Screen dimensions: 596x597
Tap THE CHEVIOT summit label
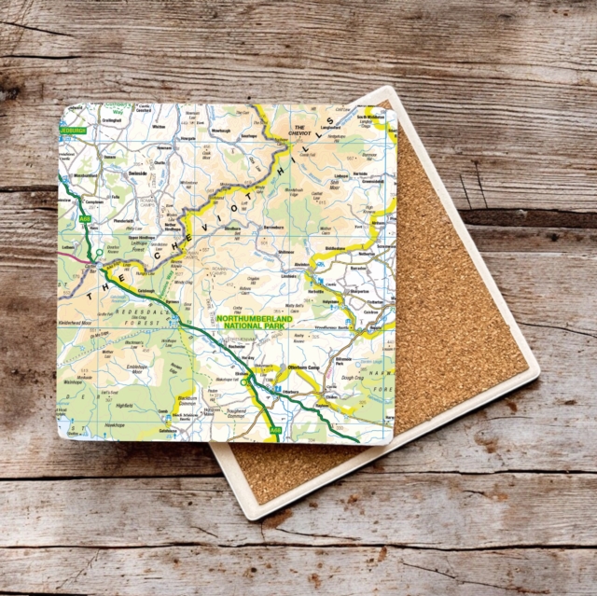300,131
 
